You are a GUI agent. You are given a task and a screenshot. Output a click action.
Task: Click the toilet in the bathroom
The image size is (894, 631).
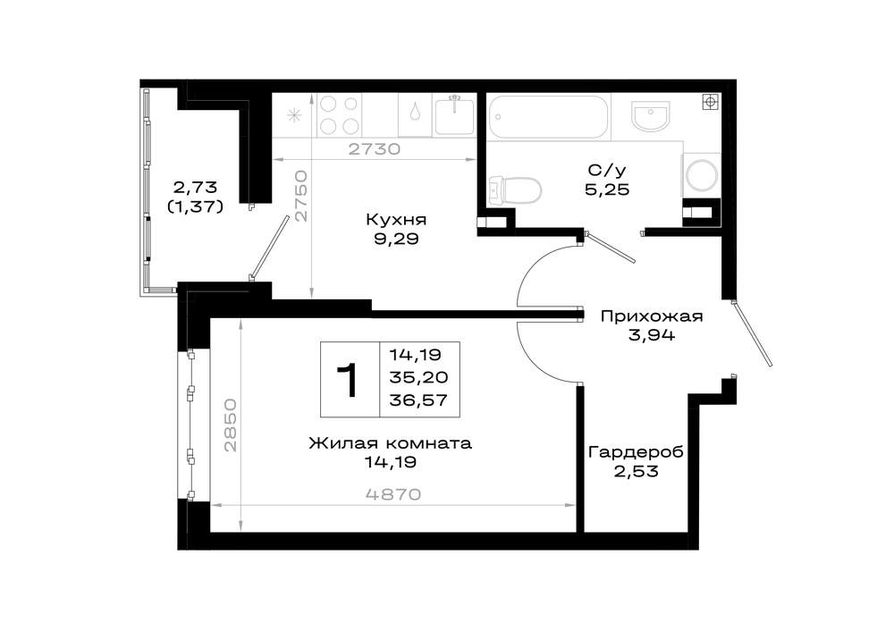514,190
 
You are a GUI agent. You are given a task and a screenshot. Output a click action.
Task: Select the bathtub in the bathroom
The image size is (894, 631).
549,117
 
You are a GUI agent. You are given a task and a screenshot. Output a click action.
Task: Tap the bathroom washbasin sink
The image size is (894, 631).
650,115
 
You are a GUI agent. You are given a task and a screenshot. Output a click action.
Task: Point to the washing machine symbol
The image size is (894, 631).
701,174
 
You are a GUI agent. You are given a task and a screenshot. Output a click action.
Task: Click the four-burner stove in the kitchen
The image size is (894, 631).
339,115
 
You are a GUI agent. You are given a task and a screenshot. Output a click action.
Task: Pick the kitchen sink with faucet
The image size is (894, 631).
454,115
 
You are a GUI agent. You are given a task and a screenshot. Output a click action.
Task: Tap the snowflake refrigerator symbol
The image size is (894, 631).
294,115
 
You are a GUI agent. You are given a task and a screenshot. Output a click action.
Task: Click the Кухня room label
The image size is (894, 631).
396,220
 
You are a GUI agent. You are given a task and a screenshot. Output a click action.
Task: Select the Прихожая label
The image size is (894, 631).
652,316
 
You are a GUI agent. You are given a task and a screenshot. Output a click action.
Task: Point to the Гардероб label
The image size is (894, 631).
636,452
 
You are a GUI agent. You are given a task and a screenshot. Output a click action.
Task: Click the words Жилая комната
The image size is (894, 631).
391,443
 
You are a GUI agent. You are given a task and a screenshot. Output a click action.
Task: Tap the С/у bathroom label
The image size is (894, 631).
607,170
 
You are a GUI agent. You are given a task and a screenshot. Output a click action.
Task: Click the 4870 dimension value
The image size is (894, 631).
392,493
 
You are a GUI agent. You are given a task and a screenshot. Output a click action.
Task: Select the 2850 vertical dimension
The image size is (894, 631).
230,425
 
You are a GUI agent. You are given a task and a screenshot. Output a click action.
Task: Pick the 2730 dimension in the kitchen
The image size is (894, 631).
374,149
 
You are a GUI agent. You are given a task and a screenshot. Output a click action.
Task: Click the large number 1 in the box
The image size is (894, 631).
349,380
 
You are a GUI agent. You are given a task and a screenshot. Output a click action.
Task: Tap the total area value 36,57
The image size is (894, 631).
418,400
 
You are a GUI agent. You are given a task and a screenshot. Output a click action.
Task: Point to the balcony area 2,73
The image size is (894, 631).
195,187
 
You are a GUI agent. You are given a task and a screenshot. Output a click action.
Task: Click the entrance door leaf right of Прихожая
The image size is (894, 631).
753,332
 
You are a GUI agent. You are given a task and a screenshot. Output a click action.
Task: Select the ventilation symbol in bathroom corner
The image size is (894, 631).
710,103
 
